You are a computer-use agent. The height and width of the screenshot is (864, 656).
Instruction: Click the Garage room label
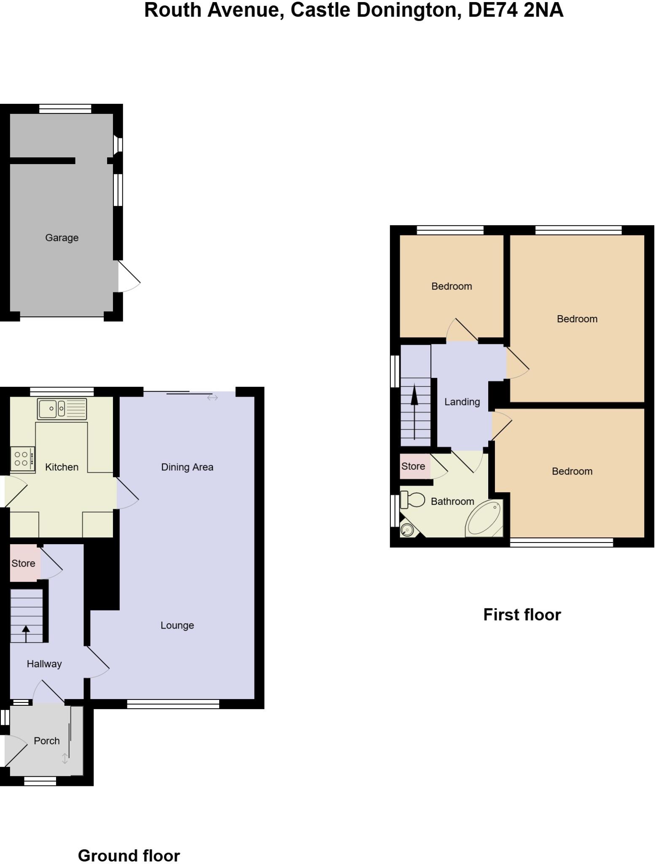point(62,238)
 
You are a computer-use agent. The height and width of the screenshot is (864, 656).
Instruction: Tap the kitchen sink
point(62,408)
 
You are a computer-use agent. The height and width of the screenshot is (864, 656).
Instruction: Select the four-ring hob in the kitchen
point(22,459)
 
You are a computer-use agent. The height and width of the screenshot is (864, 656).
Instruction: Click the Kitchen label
point(62,467)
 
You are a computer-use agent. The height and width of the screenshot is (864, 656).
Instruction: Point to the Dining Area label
point(187,467)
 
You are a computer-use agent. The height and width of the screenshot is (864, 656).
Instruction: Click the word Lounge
point(177,625)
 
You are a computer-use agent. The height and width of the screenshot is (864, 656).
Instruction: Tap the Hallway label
point(44,664)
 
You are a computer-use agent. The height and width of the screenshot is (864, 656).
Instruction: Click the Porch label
point(46,740)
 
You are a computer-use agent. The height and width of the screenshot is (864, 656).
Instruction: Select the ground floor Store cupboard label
point(23,563)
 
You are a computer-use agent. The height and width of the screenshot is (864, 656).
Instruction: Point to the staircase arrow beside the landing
point(414,411)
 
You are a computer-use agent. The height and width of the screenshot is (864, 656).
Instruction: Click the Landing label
point(462,402)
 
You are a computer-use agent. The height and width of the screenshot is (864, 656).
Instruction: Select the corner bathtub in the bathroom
point(485,519)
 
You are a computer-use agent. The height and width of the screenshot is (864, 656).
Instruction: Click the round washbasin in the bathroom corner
point(407,529)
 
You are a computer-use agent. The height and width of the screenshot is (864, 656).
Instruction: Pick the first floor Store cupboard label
point(413,466)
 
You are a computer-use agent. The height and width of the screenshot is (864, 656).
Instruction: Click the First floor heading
point(522,615)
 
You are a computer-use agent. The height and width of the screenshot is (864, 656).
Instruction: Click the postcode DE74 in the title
point(493,10)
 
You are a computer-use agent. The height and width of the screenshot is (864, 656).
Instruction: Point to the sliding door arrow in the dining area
point(212,397)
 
